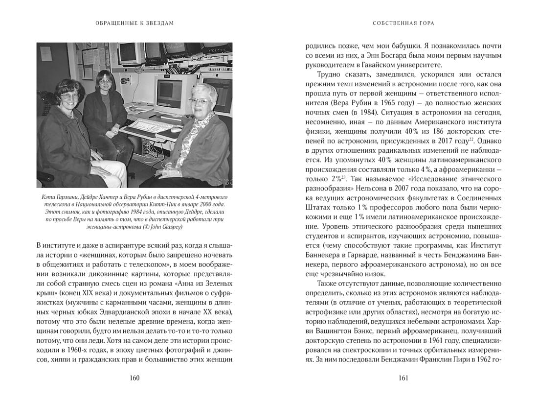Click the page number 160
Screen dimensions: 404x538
134,378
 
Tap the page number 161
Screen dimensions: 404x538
403,378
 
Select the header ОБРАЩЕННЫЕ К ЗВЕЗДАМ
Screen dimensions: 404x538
135,23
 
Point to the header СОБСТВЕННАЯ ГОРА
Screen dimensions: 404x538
403,23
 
